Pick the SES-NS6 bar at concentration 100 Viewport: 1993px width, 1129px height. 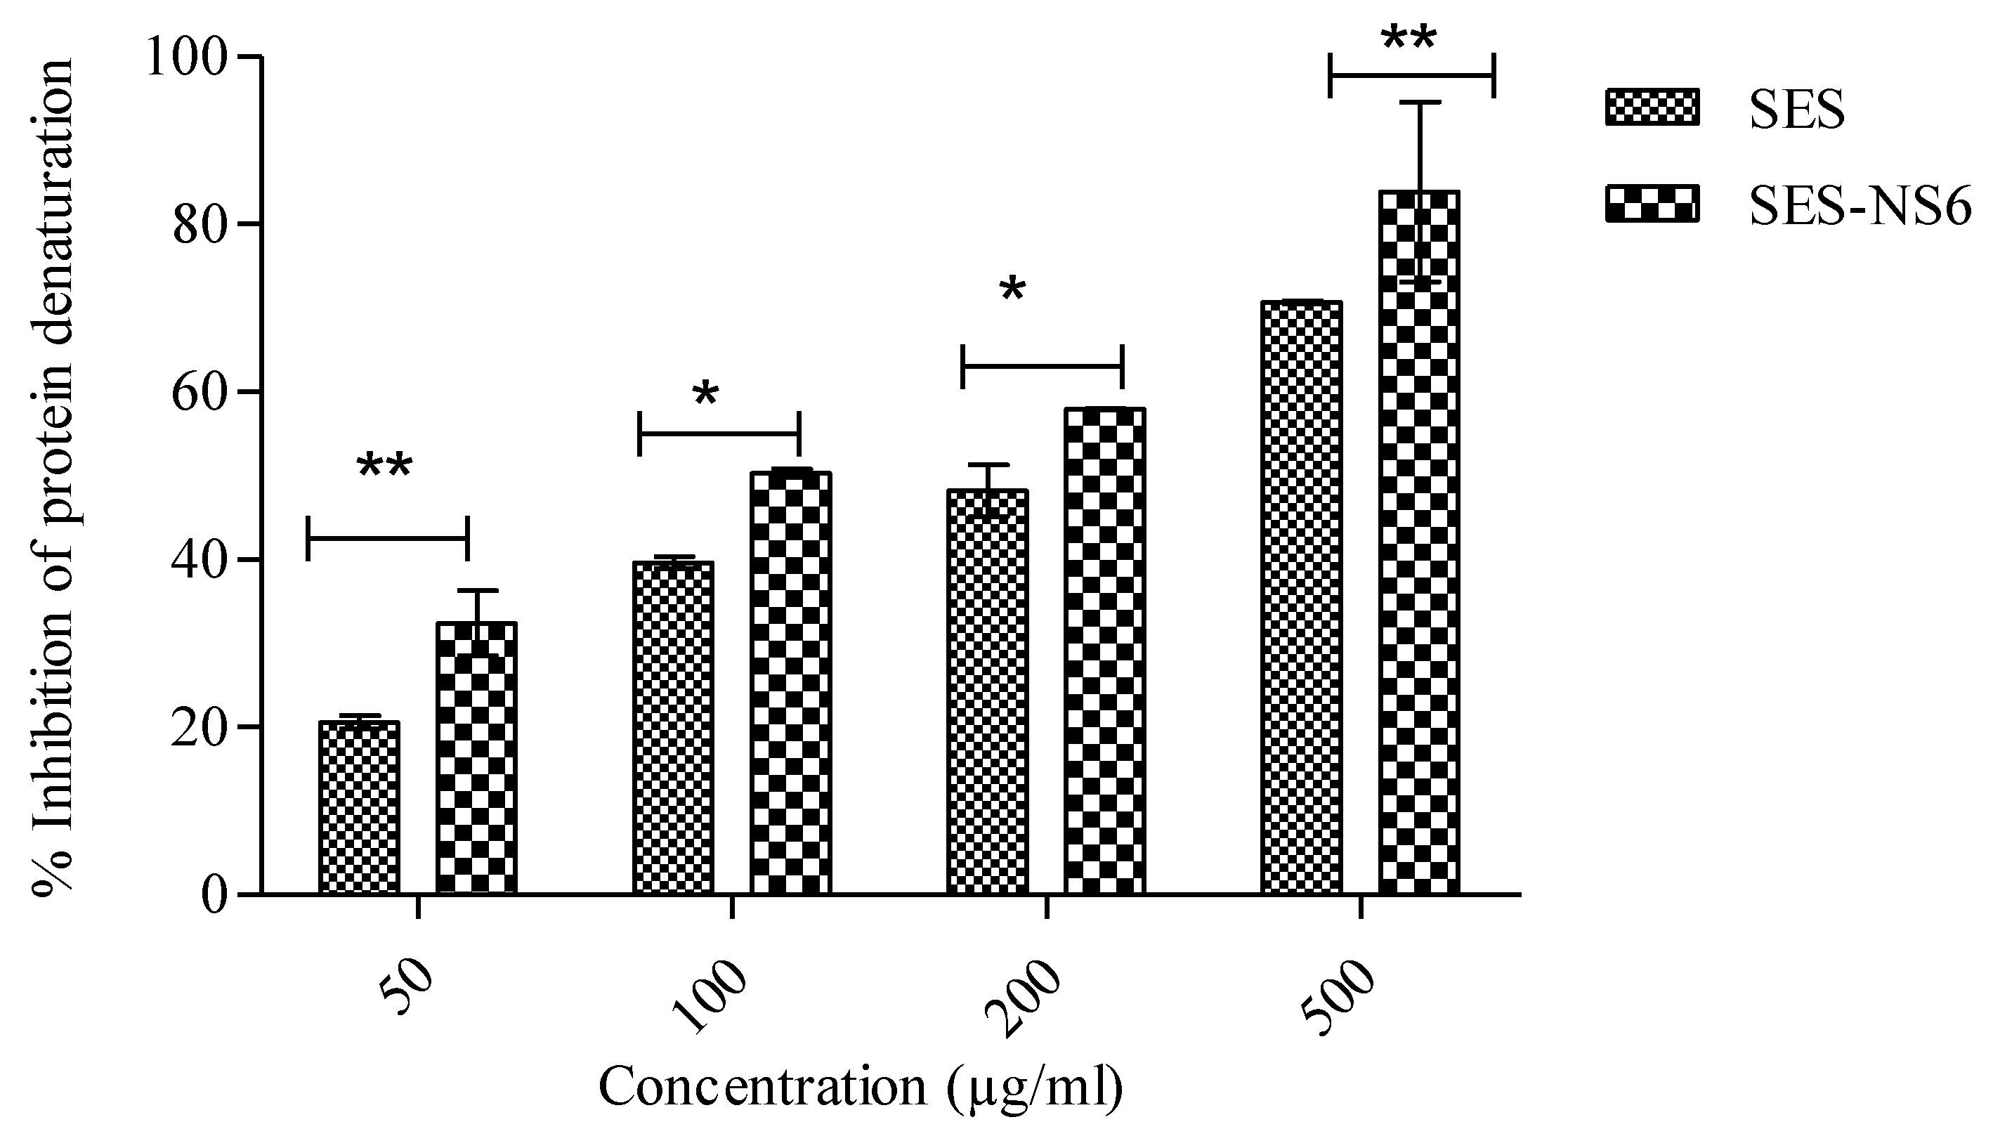point(790,682)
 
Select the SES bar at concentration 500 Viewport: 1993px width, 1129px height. point(1301,597)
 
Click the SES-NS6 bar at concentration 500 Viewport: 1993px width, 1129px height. point(1418,543)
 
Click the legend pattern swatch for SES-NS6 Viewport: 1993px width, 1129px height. point(1652,204)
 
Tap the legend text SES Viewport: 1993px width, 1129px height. point(1797,110)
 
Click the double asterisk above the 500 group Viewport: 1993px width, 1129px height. point(1409,39)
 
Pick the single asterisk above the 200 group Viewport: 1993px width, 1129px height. point(1012,291)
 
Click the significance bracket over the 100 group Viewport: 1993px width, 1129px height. point(719,434)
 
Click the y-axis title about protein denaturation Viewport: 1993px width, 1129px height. point(53,477)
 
